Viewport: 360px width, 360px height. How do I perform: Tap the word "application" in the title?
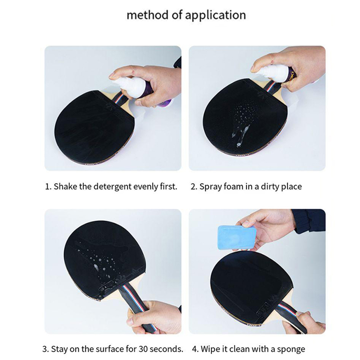[216, 16]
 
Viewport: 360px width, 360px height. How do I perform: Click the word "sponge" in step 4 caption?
[291, 350]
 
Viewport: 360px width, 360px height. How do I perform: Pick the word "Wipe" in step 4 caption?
[210, 349]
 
